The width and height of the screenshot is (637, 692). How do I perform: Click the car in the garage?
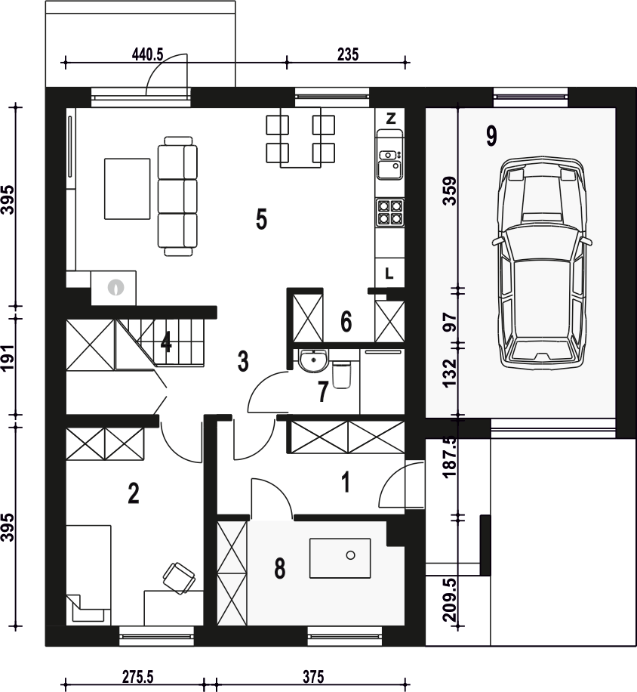click(542, 261)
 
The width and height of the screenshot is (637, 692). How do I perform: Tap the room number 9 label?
click(491, 135)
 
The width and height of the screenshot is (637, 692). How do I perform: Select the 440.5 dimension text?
click(147, 54)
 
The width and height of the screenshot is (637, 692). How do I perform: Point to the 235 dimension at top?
click(348, 54)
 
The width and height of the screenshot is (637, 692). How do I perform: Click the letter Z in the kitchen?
click(390, 119)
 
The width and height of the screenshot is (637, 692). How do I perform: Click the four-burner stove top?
click(389, 212)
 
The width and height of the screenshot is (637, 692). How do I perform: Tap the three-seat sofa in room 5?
click(177, 196)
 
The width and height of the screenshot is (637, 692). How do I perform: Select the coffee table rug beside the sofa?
click(127, 189)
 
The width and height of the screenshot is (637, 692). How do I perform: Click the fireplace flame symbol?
click(115, 287)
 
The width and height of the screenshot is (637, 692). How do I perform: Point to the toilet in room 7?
click(342, 375)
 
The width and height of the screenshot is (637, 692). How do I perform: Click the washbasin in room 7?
click(313, 360)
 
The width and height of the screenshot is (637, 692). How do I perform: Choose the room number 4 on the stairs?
click(166, 342)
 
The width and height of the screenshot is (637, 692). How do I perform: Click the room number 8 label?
click(280, 568)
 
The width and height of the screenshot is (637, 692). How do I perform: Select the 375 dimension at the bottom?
click(313, 677)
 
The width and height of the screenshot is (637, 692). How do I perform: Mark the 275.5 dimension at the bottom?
click(137, 677)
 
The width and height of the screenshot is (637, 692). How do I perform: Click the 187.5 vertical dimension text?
click(450, 457)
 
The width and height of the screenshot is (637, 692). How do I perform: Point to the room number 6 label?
click(346, 321)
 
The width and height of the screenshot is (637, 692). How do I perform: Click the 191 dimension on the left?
click(8, 358)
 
